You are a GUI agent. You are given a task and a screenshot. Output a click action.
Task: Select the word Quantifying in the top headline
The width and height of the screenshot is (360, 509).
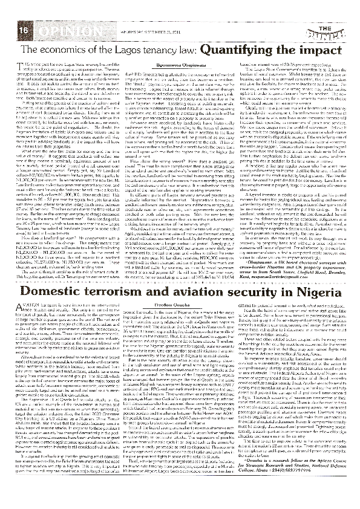tap(249, 50)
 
